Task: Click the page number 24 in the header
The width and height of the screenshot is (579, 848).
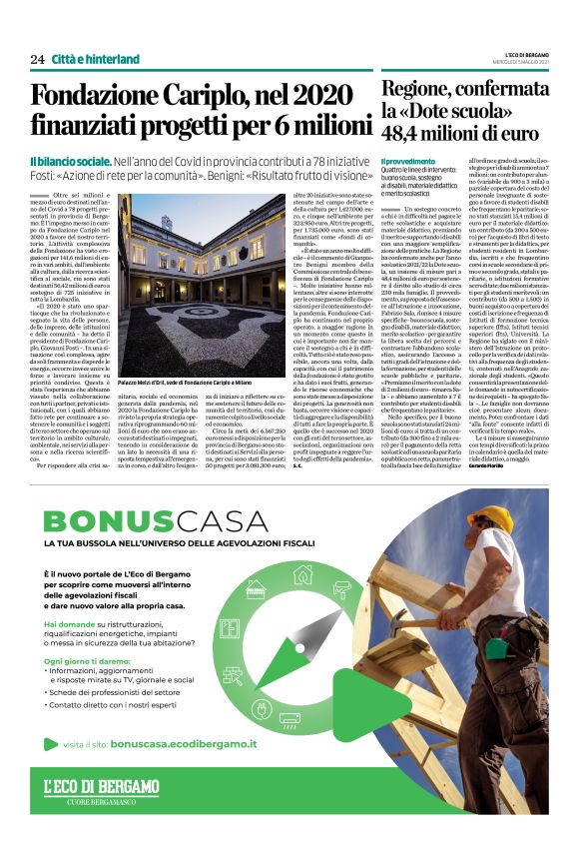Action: pyautogui.click(x=37, y=59)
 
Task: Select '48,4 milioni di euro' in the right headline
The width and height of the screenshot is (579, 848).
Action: pyautogui.click(x=456, y=133)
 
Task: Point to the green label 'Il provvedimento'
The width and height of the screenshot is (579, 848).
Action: pyautogui.click(x=407, y=161)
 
